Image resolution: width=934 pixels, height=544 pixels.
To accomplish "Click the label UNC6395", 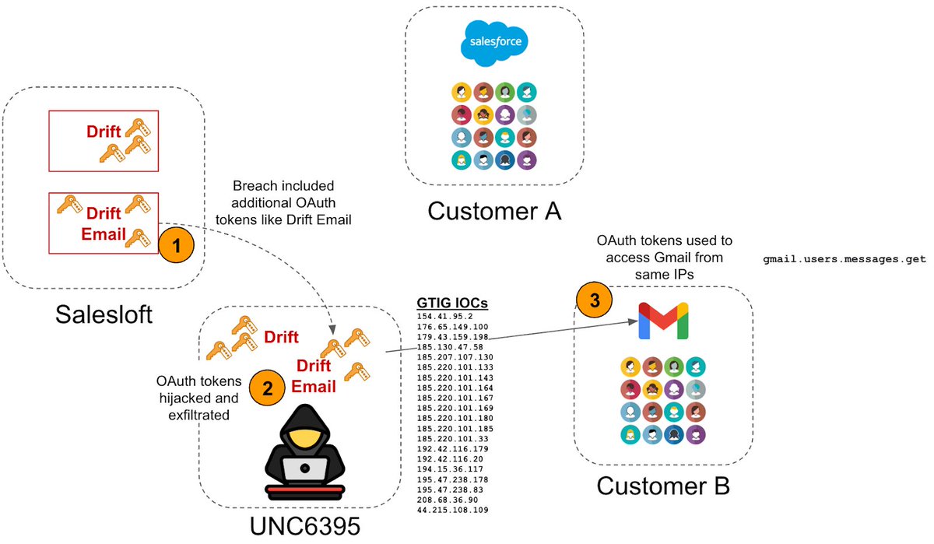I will point(304,527).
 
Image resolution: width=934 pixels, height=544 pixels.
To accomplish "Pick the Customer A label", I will point(494,210).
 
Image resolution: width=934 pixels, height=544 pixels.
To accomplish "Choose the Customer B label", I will point(663,486).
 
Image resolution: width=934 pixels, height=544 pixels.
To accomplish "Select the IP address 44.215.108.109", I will point(451,510).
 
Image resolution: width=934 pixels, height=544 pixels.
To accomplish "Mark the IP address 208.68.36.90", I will point(446,500).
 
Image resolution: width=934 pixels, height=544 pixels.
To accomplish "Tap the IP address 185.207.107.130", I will point(455,356).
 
